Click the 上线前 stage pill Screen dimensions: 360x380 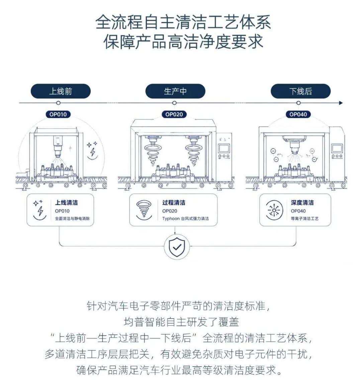[x=61, y=91]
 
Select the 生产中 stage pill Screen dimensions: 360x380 [x=175, y=91]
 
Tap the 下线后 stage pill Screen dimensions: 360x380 [x=300, y=91]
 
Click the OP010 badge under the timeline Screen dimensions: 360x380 [x=58, y=114]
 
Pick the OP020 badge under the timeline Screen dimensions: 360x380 [x=174, y=114]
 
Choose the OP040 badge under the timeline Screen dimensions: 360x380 [x=298, y=114]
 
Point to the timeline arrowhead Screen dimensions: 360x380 [x=341, y=103]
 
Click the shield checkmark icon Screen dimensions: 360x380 [x=177, y=247]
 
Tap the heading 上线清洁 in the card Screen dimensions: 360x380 [x=67, y=203]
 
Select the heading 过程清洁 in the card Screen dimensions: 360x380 [x=174, y=203]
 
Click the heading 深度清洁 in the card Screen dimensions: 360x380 [x=302, y=203]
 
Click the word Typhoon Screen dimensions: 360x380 [x=171, y=218]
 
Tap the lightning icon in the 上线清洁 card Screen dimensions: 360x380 [x=39, y=210]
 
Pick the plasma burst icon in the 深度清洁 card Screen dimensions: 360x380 [x=274, y=210]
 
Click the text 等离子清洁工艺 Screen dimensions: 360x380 [x=305, y=218]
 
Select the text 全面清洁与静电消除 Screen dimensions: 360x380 [x=72, y=218]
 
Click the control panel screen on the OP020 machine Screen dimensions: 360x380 [x=224, y=148]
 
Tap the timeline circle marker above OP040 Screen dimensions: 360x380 [x=298, y=103]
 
